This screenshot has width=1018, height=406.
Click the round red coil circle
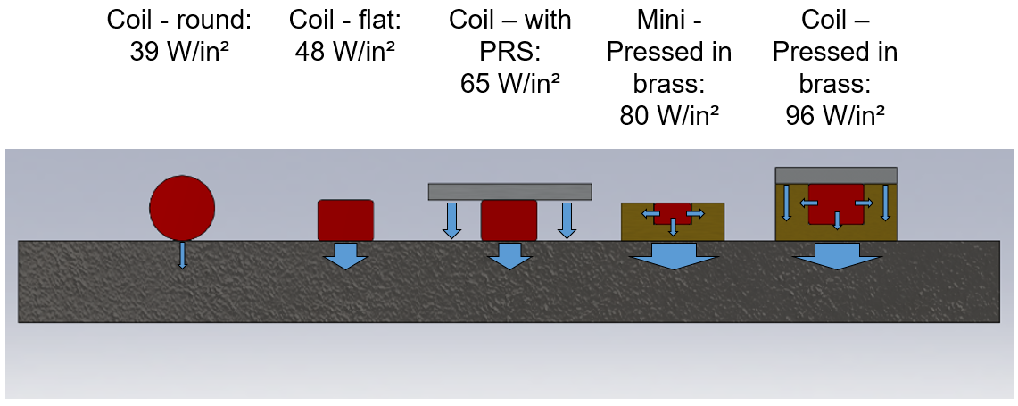[182, 208]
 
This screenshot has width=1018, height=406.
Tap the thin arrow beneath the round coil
[183, 255]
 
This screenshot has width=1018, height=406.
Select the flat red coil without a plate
[345, 220]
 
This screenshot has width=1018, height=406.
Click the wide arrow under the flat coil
[345, 255]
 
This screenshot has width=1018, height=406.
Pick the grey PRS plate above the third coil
[509, 191]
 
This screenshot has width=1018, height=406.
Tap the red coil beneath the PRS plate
[509, 220]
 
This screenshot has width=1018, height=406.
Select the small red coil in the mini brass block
[672, 214]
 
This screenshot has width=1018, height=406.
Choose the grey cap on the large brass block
[836, 174]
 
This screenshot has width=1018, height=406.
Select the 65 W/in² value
[509, 83]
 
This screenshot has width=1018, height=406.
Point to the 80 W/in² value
[670, 116]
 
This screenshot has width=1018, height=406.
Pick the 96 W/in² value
[835, 116]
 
